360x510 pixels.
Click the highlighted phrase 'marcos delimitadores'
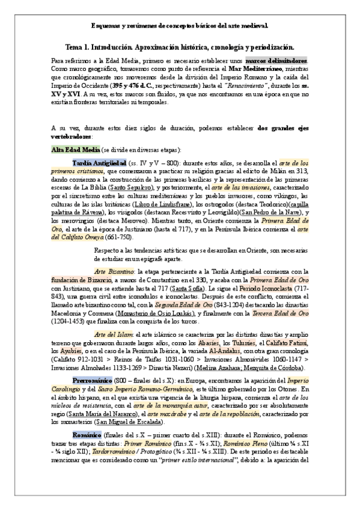(277, 61)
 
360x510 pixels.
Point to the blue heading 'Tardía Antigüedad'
(99, 163)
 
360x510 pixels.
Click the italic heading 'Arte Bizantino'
(114, 272)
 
